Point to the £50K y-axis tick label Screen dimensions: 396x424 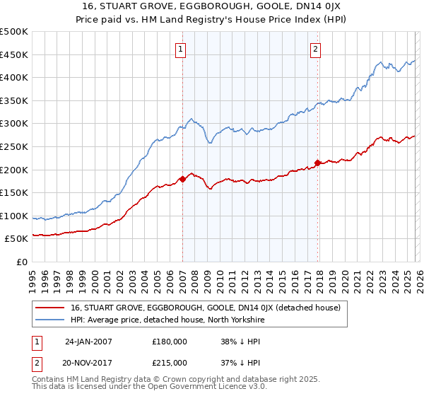pos(16,239)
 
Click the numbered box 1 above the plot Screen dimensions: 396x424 pos(182,49)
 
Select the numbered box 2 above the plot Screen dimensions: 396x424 pos(315,49)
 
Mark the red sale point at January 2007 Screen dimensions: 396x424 pos(182,179)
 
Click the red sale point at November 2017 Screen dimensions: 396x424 pos(317,163)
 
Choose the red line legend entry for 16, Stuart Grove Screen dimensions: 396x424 pos(205,308)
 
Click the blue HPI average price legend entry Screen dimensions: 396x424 pos(188,320)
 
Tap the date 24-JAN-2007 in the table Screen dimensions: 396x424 pos(90,341)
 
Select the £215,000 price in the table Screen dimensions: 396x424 pos(170,362)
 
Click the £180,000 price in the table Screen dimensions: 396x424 pos(170,341)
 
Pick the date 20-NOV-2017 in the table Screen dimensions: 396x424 pos(90,362)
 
